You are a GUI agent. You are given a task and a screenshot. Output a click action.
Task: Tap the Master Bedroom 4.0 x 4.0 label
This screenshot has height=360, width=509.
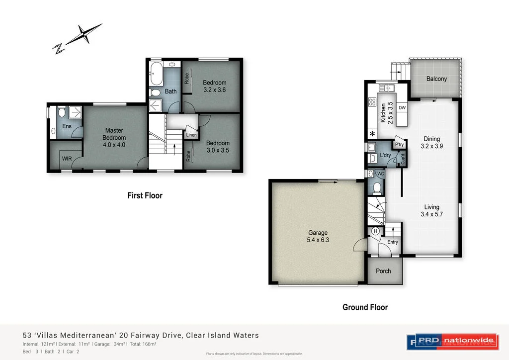pyautogui.click(x=114, y=138)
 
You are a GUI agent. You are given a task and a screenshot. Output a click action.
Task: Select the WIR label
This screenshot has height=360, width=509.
pyautogui.click(x=67, y=159)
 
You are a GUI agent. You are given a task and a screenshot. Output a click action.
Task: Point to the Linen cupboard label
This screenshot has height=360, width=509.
pyautogui.click(x=191, y=135)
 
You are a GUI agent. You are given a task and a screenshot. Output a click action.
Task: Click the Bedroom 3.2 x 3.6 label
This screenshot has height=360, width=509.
pyautogui.click(x=215, y=87)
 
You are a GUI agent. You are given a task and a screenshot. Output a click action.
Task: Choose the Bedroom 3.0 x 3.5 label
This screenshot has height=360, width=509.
pyautogui.click(x=218, y=147)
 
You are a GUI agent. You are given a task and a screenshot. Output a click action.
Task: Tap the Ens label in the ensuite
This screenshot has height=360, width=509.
pyautogui.click(x=67, y=126)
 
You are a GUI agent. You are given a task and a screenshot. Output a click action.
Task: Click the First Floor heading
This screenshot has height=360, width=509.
pyautogui.click(x=145, y=195)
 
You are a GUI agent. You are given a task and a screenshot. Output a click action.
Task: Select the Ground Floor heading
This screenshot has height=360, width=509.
pyautogui.click(x=365, y=307)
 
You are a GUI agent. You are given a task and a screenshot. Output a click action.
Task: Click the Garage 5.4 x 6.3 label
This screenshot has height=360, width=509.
pyautogui.click(x=318, y=236)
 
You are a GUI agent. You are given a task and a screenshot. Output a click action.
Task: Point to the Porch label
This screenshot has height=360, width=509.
pyautogui.click(x=383, y=271)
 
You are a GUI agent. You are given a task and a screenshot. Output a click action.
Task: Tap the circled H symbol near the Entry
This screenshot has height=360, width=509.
pyautogui.click(x=376, y=231)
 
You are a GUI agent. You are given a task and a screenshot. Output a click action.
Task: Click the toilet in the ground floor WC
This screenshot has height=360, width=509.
pyautogui.click(x=378, y=188)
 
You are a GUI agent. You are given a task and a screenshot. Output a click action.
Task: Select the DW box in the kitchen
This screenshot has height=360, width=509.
pyautogui.click(x=402, y=107)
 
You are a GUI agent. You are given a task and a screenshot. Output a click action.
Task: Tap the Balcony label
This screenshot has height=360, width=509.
pyautogui.click(x=436, y=79)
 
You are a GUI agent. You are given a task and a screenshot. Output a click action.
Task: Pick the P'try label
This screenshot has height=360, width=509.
pyautogui.click(x=399, y=145)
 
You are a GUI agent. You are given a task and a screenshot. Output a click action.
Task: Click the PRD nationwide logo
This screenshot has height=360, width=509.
pyautogui.click(x=452, y=341)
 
